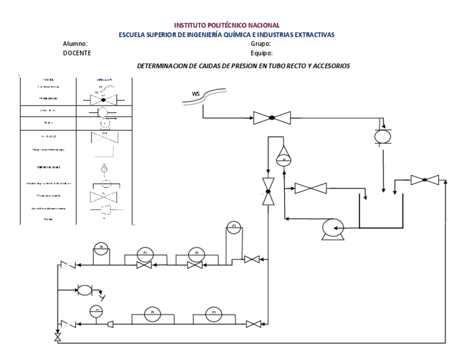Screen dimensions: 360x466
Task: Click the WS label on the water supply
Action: (196, 94)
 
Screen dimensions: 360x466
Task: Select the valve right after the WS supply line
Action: (271, 118)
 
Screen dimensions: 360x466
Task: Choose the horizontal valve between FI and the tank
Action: (310, 189)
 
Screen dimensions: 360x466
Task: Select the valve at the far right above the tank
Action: (425, 180)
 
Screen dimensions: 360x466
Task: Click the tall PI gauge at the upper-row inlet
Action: (234, 226)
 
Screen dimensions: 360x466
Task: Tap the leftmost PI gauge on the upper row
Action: (101, 248)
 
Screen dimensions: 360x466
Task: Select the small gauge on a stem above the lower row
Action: (96, 310)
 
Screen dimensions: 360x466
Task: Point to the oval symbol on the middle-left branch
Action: (85, 290)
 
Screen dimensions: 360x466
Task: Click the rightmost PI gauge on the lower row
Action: (214, 314)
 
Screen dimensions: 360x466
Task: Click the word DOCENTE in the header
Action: (77, 53)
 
